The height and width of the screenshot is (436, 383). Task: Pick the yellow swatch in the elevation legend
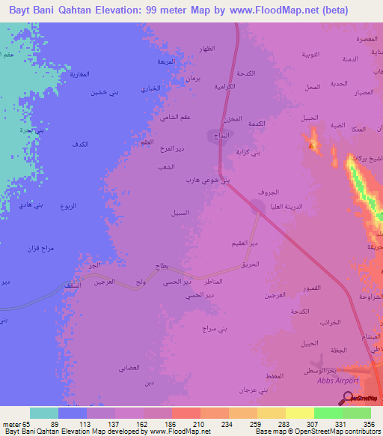[x=299, y=413]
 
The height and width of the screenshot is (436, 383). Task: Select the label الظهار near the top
[x=205, y=47]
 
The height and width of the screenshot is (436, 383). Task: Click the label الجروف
[x=258, y=193]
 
